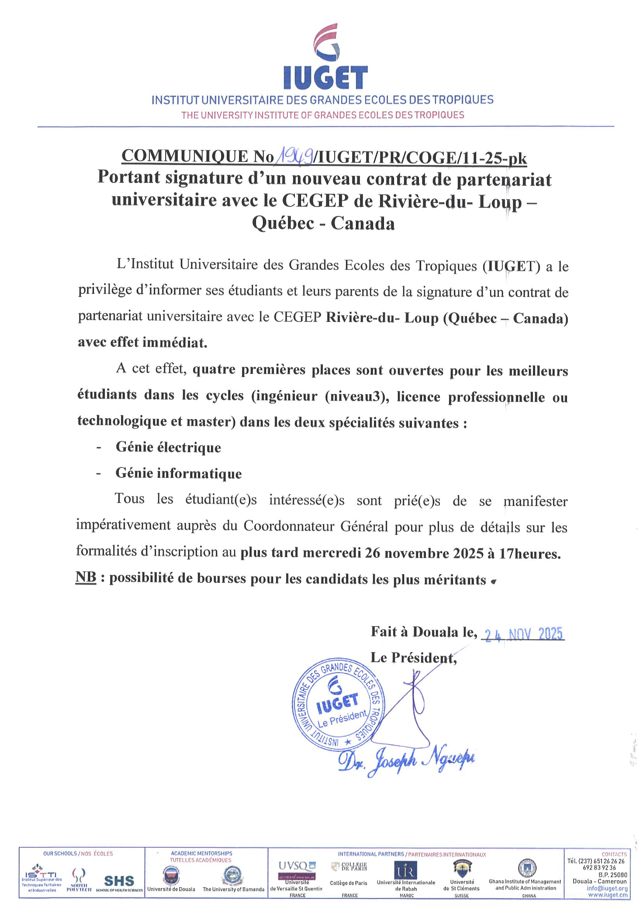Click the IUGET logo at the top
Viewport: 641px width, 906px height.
tap(326, 57)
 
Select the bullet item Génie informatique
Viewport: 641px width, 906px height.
tap(178, 473)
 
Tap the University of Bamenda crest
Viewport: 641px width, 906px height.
tap(233, 874)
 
